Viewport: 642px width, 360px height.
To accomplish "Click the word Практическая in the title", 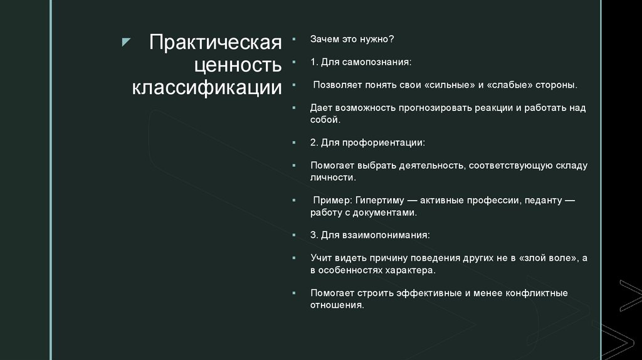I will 215,45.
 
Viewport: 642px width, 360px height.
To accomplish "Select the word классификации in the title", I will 207,88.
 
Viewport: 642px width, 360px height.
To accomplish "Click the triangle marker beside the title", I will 126,43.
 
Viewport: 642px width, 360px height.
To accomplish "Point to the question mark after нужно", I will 391,39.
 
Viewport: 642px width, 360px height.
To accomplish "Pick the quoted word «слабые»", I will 508,85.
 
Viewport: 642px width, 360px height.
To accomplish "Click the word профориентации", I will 389,142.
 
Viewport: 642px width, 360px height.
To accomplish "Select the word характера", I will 409,270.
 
